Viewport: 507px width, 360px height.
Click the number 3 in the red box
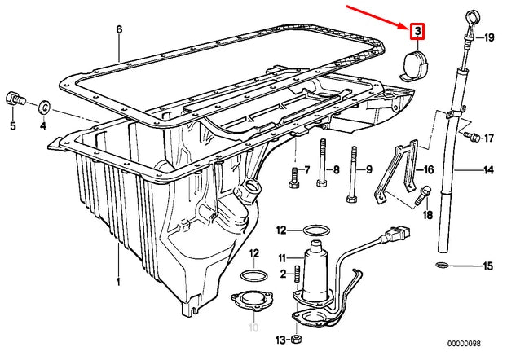pyautogui.click(x=417, y=32)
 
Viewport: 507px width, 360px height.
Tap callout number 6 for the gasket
pyautogui.click(x=119, y=30)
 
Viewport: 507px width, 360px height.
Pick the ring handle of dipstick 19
pyautogui.click(x=473, y=16)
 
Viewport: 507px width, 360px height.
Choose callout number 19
pyautogui.click(x=490, y=38)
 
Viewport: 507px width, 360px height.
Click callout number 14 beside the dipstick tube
pyautogui.click(x=488, y=171)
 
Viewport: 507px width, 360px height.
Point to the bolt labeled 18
pyautogui.click(x=425, y=195)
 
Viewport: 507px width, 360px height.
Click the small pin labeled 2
pyautogui.click(x=298, y=274)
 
